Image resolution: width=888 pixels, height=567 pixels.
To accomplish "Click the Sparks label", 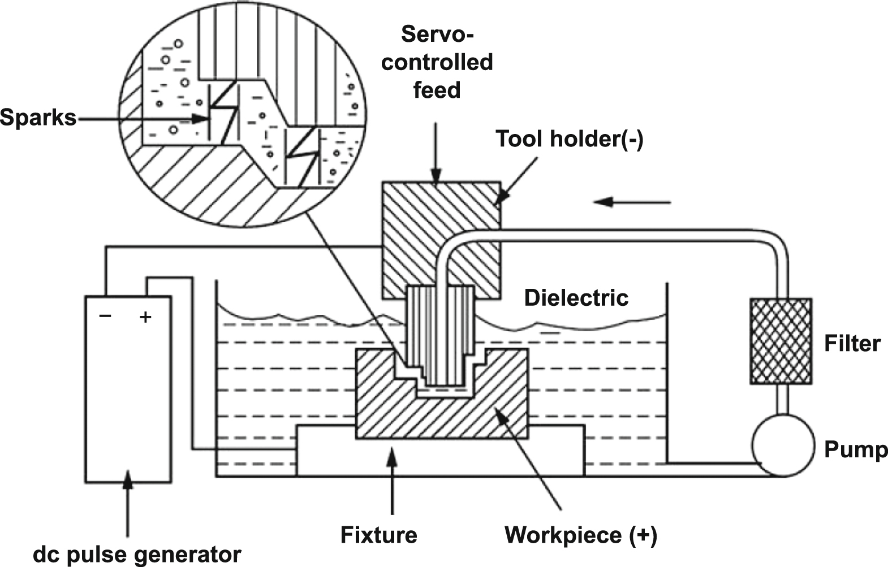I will (38, 118).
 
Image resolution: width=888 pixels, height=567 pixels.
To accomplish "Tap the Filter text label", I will (852, 344).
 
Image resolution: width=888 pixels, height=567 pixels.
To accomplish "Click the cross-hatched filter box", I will (781, 341).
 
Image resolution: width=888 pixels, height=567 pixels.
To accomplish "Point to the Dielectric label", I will (576, 298).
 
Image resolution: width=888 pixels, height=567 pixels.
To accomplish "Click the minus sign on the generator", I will (105, 315).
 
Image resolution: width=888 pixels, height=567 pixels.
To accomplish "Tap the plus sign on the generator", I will (145, 317).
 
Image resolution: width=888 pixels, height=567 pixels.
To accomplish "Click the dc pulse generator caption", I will (137, 554).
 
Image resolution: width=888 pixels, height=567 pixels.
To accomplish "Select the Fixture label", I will (378, 534).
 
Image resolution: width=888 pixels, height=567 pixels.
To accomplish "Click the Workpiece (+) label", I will (581, 534).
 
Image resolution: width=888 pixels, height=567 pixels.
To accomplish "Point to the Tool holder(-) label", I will (569, 139).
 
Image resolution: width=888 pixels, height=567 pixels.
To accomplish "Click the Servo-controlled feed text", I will (437, 62).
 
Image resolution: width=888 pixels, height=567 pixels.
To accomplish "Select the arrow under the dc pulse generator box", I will (128, 503).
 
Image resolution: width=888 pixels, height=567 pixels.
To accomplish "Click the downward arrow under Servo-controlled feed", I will (435, 153).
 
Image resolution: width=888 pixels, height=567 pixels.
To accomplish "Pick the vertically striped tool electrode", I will (440, 334).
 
